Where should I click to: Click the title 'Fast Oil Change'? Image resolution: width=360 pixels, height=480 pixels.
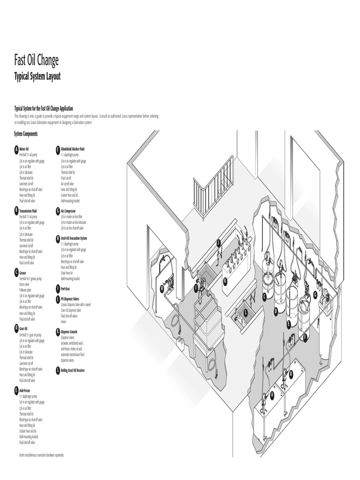pyautogui.click(x=37, y=60)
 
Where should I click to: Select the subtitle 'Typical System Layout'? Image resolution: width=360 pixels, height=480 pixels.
pyautogui.click(x=37, y=76)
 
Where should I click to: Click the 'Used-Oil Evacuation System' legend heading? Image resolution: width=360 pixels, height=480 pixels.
pyautogui.click(x=74, y=238)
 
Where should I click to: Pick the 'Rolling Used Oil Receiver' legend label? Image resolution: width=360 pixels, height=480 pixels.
pyautogui.click(x=73, y=370)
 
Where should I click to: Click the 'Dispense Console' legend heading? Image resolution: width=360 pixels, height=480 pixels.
pyautogui.click(x=70, y=331)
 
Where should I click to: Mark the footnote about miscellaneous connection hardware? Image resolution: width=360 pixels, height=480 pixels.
pyautogui.click(x=41, y=455)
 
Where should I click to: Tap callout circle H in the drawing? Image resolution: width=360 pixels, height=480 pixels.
pyautogui.click(x=162, y=289)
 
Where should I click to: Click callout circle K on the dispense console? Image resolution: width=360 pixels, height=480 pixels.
pyautogui.click(x=225, y=281)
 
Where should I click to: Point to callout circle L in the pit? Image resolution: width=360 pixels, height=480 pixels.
pyautogui.click(x=245, y=313)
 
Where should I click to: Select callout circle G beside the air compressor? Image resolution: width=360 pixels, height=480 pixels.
pyautogui.click(x=315, y=295)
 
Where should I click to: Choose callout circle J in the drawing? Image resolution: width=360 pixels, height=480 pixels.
pyautogui.click(x=218, y=243)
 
